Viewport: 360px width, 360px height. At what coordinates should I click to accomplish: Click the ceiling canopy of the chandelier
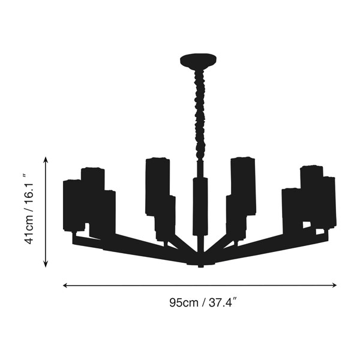coord(199,61)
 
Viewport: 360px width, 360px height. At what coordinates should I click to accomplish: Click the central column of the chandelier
coord(200,206)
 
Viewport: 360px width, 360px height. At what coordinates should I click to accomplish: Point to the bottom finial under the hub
coord(200,266)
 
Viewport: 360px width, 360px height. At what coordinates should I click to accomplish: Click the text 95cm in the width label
coord(184,302)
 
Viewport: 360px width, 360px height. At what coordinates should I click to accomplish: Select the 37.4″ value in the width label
coord(223,302)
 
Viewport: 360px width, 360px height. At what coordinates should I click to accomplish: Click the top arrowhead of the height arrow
coord(46,160)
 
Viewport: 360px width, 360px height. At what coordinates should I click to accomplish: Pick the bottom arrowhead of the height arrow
coord(46,265)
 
